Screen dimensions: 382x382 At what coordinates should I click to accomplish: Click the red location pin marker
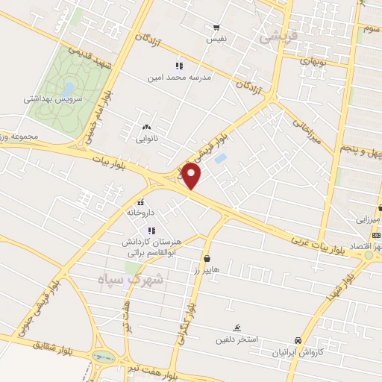click(192, 175)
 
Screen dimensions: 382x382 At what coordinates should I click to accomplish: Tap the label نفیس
click(216, 37)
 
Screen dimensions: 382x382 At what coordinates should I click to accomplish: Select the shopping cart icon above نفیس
click(216, 27)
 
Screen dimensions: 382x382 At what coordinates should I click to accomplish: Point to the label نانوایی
click(147, 137)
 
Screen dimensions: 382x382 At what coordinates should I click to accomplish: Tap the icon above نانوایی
click(146, 127)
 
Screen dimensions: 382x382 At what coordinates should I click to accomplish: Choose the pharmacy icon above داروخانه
click(140, 202)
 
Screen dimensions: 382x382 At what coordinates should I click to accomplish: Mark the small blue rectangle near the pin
click(220, 158)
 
